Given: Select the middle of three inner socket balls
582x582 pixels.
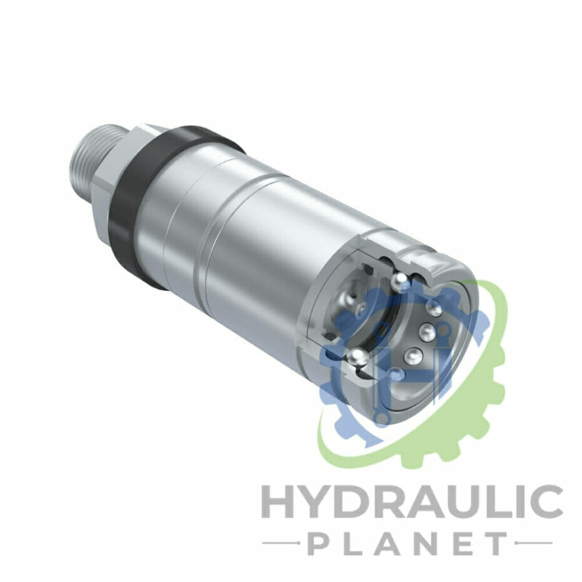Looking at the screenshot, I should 427,330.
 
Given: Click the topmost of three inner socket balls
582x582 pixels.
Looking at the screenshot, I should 434,308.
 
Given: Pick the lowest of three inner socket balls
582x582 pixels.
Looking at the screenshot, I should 412,355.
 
